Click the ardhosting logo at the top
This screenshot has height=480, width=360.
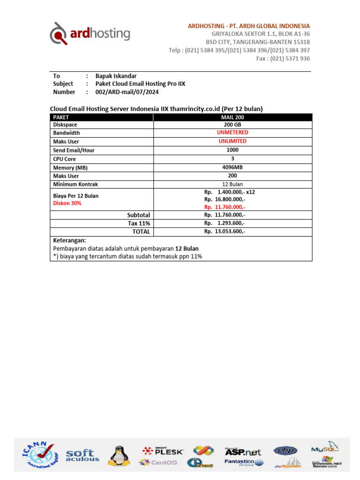point(90,34)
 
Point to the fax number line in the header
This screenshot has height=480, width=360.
point(283,59)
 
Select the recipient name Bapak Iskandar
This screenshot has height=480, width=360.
point(116,75)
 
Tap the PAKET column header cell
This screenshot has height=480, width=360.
point(102,117)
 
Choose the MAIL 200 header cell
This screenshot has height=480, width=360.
point(232,117)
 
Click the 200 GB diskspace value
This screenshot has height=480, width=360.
point(232,125)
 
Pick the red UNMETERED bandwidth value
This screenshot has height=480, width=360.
point(232,133)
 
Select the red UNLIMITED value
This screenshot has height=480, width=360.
point(232,141)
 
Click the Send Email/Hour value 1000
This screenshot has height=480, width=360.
point(232,150)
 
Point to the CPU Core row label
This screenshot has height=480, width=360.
point(65,159)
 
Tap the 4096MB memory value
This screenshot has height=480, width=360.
point(232,167)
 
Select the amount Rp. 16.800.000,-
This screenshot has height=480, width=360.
point(225,199)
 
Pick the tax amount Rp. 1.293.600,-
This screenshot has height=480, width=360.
point(225,223)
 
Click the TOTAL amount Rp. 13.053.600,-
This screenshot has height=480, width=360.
point(225,232)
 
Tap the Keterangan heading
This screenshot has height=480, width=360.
point(69,240)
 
